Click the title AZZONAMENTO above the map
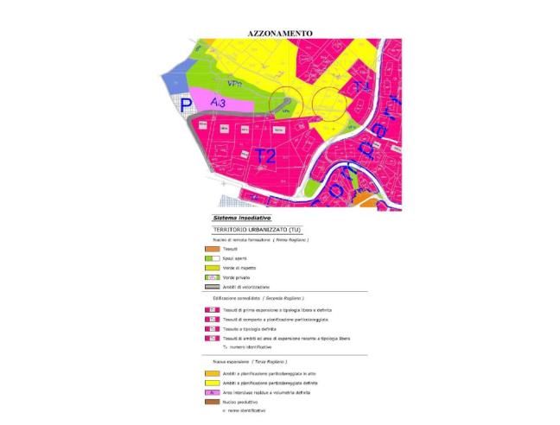tap(280, 33)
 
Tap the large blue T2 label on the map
tap(264, 156)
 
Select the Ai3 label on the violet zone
tap(219, 102)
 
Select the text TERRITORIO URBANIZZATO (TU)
tap(256, 230)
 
